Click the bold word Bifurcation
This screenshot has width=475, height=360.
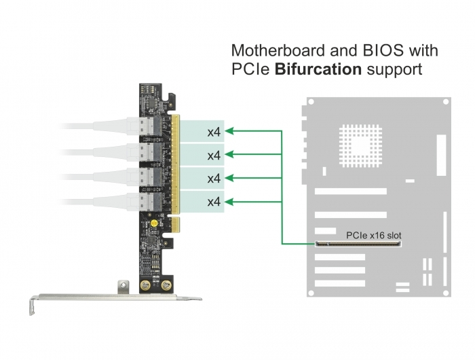tap(318, 69)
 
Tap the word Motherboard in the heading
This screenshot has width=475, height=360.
tap(279, 50)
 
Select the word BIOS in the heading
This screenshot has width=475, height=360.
tap(383, 50)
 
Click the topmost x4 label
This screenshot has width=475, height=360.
tap(214, 132)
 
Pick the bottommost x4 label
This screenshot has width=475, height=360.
tap(214, 202)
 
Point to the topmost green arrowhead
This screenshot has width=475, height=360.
tap(229, 131)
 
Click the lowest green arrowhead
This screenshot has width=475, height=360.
tap(229, 202)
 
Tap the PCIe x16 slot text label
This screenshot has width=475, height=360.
tap(373, 235)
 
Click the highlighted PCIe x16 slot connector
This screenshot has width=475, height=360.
tap(358, 244)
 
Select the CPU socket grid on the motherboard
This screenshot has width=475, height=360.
tap(360, 146)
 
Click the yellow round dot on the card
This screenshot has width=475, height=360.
tap(154, 224)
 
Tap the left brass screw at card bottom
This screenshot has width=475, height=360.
tap(145, 285)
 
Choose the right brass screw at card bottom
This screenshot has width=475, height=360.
tap(166, 285)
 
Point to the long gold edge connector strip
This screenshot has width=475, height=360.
tap(175, 164)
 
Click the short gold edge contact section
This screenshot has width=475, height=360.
tap(175, 224)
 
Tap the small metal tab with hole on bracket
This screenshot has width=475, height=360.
tap(123, 287)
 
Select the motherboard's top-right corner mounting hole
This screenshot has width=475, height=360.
tap(446, 102)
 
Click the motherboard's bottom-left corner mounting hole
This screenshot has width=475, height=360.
tap(311, 293)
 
